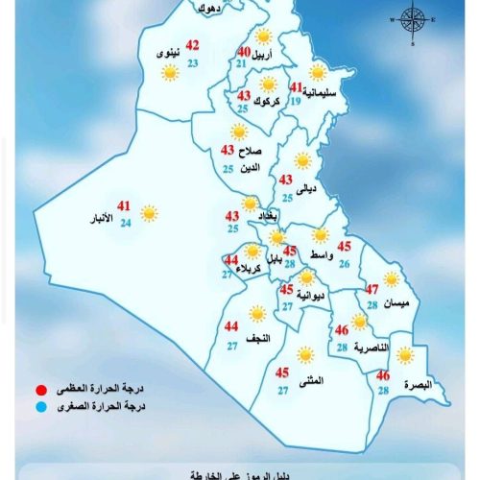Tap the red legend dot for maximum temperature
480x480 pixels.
pos(39,389)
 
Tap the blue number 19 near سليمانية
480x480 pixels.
pos(296,101)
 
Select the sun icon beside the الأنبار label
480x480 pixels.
pos(149,213)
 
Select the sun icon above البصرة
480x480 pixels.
pos(405,355)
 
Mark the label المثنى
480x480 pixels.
pos(311,381)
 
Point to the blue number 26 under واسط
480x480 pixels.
pos(344,262)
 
